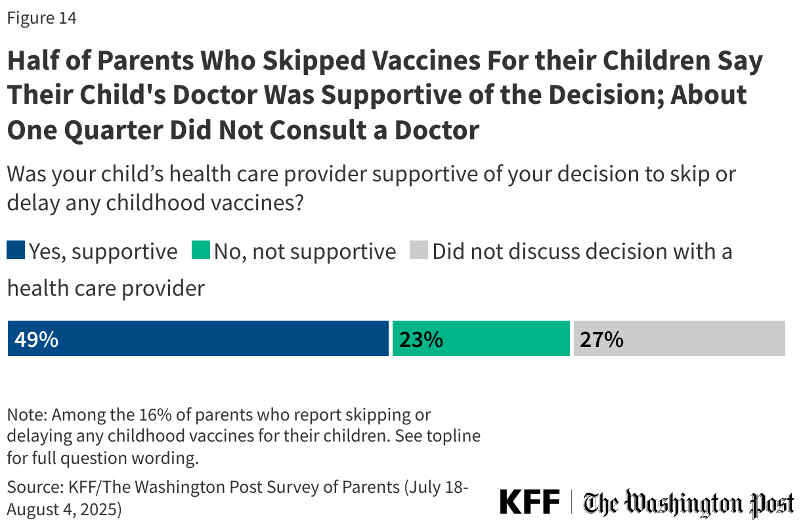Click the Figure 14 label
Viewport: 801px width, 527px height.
[x=41, y=18]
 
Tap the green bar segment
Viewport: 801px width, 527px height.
[x=481, y=339]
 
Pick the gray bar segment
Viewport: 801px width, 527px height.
[x=679, y=339]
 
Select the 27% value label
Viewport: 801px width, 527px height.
[x=601, y=340]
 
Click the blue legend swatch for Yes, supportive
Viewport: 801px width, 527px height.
[x=16, y=251]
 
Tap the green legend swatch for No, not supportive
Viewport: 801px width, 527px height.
[x=201, y=251]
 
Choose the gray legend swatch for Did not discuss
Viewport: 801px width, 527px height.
[x=419, y=251]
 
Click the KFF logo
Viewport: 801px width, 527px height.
[x=530, y=503]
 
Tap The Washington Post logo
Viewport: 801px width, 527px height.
[x=689, y=504]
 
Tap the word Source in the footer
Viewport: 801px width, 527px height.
[x=32, y=488]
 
